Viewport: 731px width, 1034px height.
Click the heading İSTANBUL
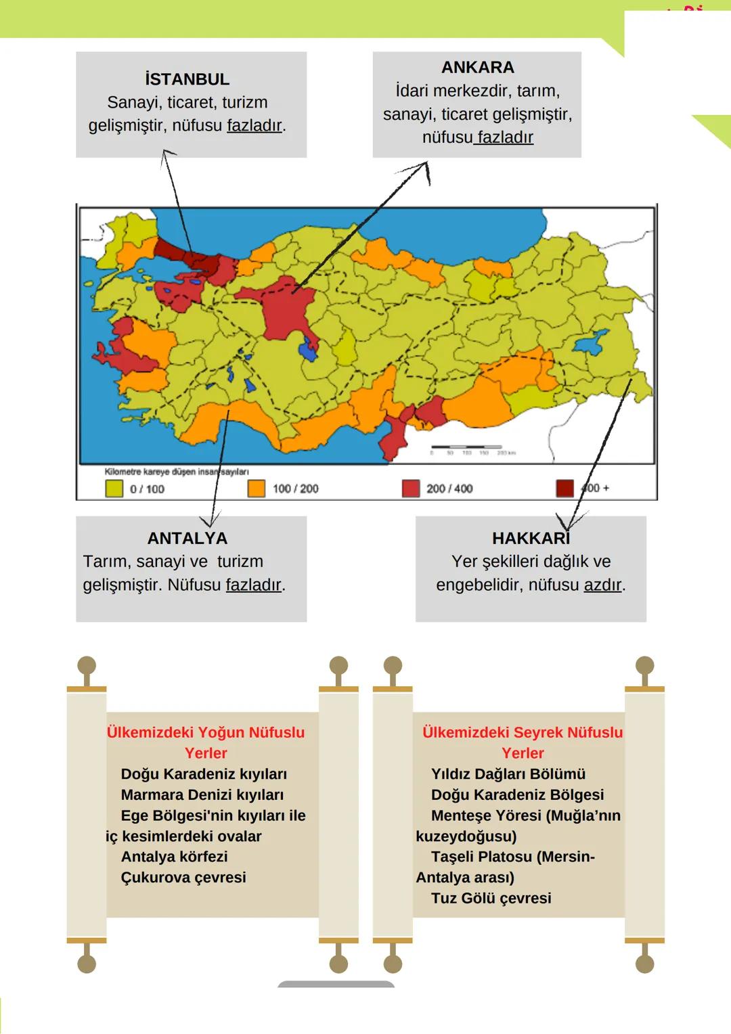[187, 79]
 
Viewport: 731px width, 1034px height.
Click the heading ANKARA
[477, 67]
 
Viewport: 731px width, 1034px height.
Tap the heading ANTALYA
[187, 538]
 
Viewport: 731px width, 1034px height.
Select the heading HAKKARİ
[531, 538]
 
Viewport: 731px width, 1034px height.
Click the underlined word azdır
[602, 585]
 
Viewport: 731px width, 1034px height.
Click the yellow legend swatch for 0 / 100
[114, 489]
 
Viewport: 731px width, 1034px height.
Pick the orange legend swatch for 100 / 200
[257, 489]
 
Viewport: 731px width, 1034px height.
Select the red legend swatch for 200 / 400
[411, 489]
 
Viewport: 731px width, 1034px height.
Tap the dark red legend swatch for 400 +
[564, 488]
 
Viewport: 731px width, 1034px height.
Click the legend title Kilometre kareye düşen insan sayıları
[176, 472]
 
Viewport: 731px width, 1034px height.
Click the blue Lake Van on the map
[591, 342]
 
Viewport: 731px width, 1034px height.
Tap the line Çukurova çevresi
[183, 877]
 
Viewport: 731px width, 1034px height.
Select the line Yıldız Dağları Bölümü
[508, 773]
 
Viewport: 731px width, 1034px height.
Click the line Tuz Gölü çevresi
[491, 898]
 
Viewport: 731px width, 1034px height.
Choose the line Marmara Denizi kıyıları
[202, 794]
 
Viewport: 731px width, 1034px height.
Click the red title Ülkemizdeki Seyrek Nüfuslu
[522, 732]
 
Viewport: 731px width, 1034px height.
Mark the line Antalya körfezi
[174, 856]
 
